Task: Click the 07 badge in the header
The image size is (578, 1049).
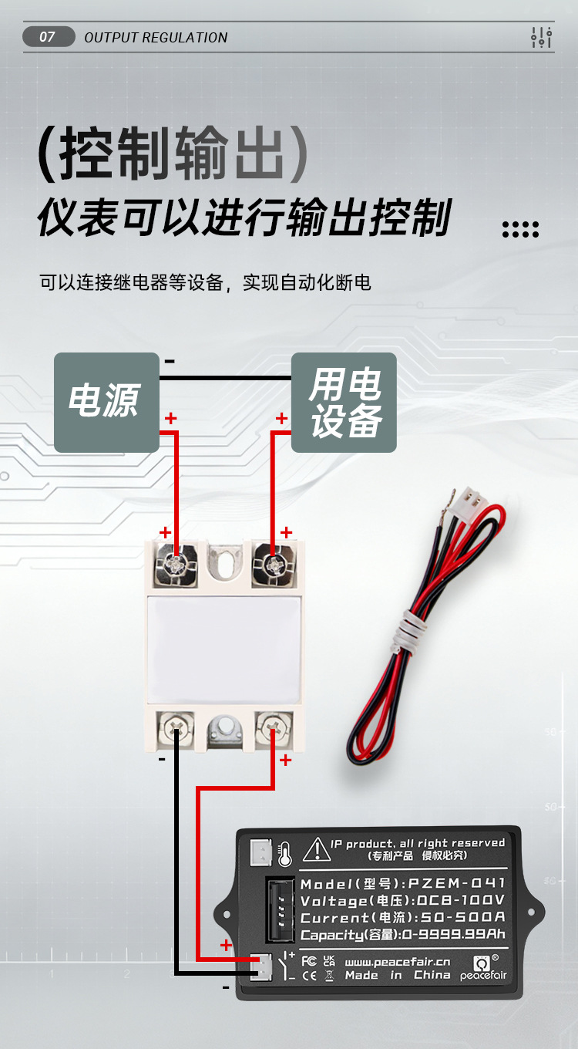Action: [49, 37]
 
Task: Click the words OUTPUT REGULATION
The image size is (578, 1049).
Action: [156, 38]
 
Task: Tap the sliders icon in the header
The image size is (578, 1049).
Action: [542, 37]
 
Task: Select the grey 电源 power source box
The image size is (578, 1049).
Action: [106, 402]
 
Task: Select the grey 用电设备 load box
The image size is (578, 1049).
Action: [344, 402]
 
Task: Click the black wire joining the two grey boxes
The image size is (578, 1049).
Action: [225, 378]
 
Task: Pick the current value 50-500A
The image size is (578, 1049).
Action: [467, 917]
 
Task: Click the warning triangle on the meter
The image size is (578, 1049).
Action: [316, 850]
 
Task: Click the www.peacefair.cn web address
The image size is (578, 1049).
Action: [397, 962]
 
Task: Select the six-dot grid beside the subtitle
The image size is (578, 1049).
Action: [520, 229]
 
